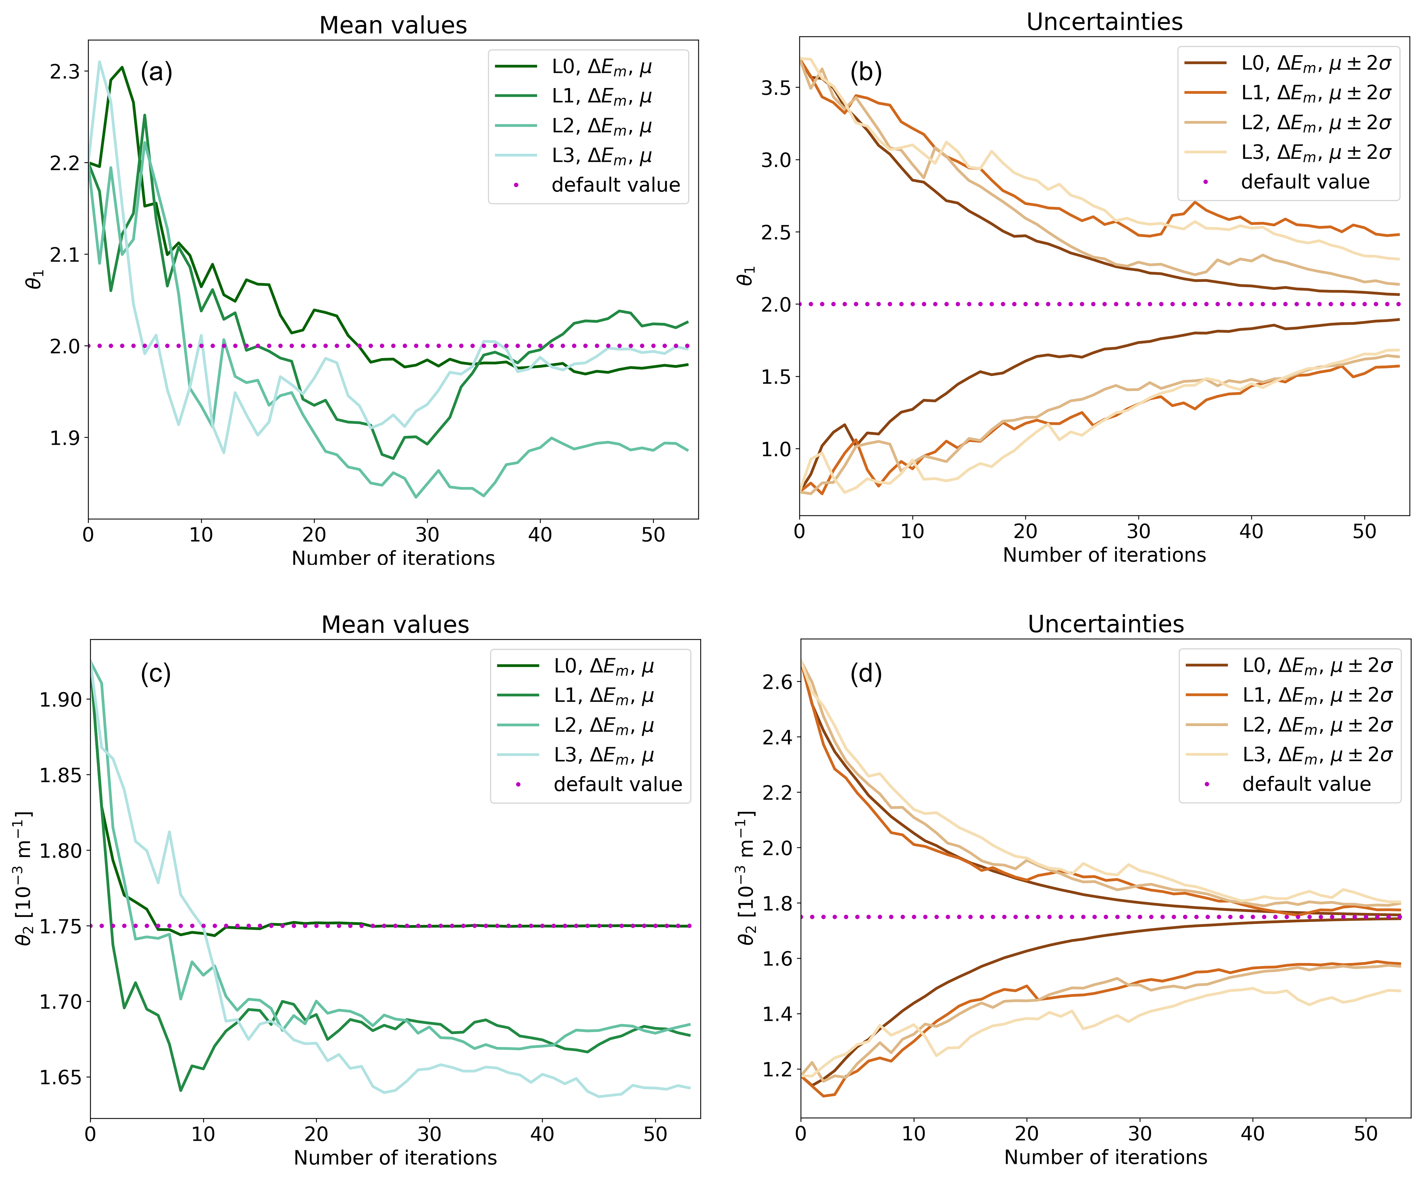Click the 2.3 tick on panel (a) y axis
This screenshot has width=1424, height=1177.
[x=64, y=72]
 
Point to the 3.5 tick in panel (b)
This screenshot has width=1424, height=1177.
[x=775, y=88]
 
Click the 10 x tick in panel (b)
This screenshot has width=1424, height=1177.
[x=912, y=531]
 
